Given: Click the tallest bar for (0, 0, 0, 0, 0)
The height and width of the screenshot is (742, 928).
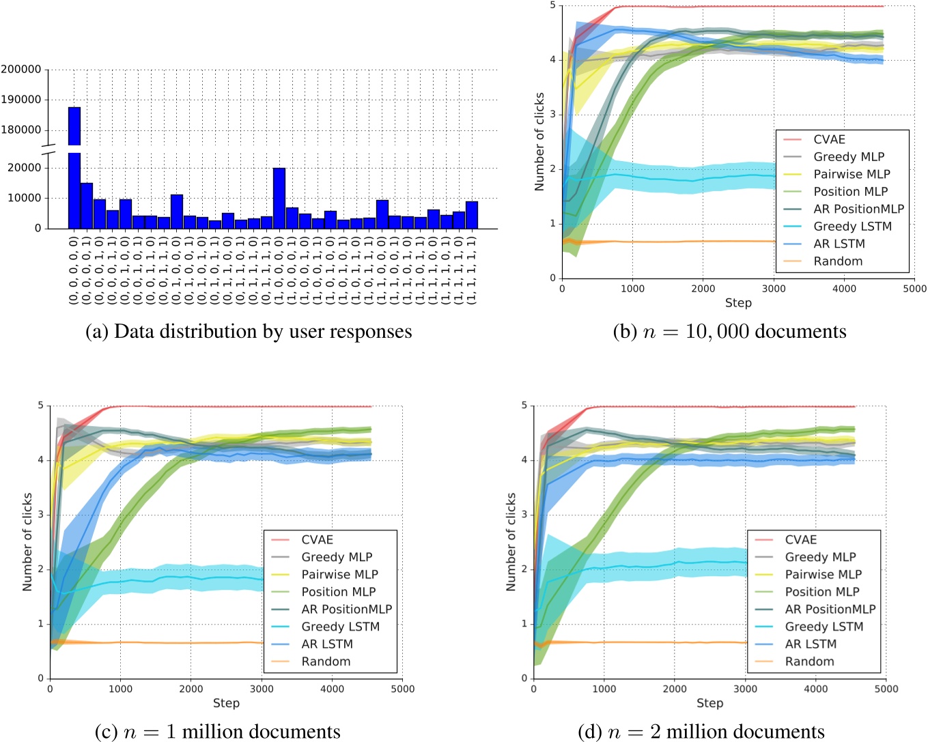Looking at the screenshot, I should click(74, 171).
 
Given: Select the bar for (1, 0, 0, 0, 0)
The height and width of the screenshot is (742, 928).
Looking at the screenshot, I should click(279, 198).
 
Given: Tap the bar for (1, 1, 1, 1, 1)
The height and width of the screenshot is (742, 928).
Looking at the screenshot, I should click(471, 214).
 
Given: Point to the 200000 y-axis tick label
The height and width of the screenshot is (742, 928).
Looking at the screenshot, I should click(20, 70).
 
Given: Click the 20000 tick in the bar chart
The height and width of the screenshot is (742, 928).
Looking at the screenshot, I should click(25, 168).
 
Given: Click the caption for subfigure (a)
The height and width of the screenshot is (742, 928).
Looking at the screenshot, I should click(249, 332).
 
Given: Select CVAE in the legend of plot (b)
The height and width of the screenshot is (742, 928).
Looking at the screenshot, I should click(829, 139).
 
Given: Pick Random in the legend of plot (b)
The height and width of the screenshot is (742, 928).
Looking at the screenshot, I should click(838, 261).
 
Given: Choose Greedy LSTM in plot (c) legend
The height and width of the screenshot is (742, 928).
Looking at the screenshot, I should click(340, 627).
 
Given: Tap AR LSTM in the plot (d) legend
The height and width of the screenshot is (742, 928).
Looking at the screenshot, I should click(811, 644).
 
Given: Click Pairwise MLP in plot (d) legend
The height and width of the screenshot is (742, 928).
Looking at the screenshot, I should click(823, 574).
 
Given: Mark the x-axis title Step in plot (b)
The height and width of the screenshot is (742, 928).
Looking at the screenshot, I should click(738, 303).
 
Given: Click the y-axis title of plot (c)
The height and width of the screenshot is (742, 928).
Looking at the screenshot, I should click(27, 542).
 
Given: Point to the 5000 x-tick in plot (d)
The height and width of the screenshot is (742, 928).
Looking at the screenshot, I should click(886, 689).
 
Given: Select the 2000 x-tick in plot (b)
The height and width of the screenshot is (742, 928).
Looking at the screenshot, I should click(703, 289).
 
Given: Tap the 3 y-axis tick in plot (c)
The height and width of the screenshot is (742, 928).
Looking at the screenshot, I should click(41, 515).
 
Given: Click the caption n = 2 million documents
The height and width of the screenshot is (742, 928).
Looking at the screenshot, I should click(701, 732).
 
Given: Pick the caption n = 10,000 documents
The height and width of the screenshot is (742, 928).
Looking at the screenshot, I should click(729, 332).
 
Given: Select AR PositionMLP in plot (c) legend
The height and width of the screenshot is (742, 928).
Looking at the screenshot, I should click(347, 609).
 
